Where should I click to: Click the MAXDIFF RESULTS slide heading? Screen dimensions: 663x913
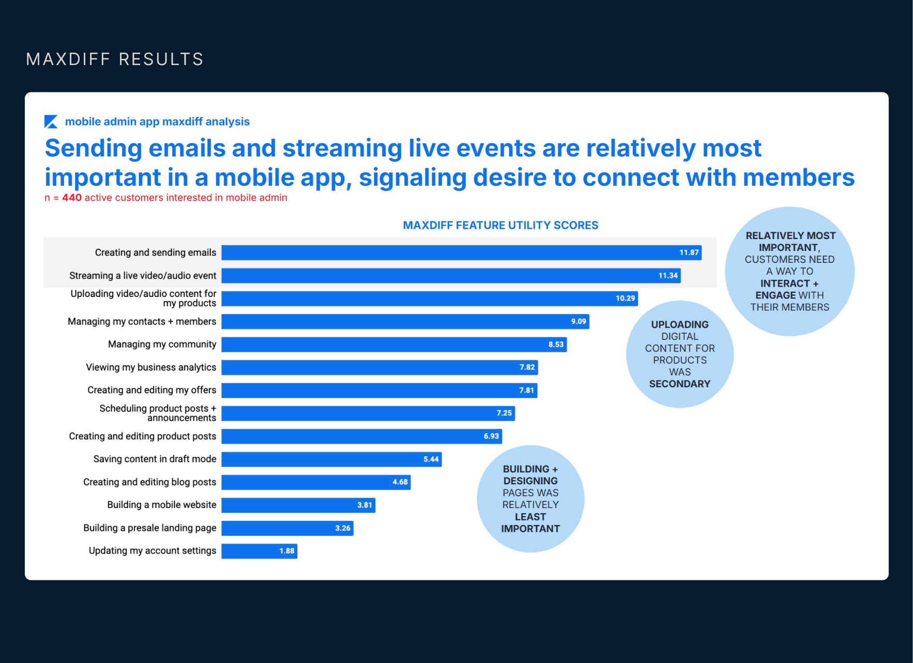(115, 59)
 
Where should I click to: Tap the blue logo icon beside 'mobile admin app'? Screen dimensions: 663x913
(51, 122)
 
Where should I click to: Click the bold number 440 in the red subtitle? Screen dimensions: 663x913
(72, 198)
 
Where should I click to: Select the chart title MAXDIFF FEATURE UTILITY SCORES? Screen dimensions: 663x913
(500, 226)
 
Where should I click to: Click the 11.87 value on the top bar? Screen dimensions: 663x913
(689, 252)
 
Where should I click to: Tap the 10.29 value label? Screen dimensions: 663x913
(625, 298)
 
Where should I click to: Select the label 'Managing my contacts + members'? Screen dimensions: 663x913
(142, 322)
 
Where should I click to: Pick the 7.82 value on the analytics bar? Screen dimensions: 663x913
(527, 367)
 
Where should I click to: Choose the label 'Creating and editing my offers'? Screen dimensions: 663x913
(152, 390)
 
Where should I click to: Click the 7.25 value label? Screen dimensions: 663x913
(504, 413)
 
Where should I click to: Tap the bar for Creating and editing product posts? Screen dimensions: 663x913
(361, 436)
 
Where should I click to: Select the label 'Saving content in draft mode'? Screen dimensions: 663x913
(155, 459)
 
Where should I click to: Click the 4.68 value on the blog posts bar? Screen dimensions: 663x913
(400, 482)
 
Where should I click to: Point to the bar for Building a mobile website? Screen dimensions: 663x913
(298, 505)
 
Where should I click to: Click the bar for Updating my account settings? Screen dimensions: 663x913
(259, 551)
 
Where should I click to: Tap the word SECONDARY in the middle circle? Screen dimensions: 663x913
(679, 384)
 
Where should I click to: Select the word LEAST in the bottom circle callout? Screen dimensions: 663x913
(530, 517)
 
